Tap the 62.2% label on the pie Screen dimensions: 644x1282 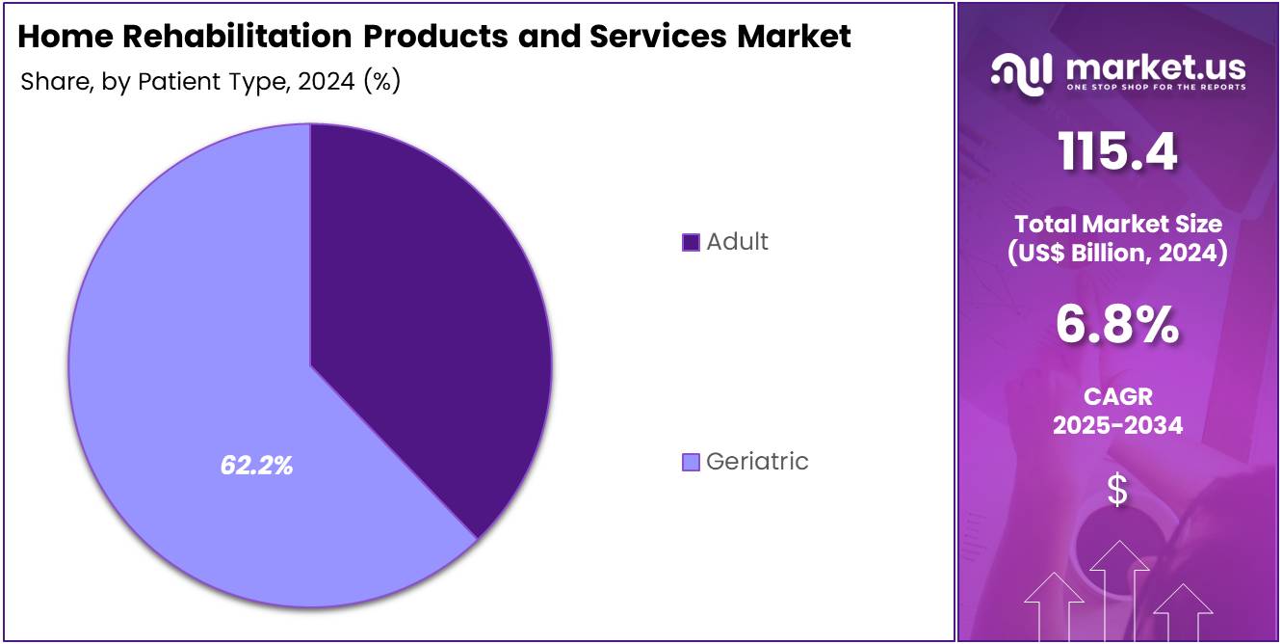(256, 466)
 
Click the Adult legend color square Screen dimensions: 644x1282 (691, 242)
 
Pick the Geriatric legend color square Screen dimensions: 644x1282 (691, 463)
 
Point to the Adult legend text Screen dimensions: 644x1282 (737, 242)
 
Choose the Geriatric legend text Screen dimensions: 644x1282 (757, 462)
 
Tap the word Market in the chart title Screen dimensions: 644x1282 (794, 37)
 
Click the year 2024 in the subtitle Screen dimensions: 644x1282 (327, 82)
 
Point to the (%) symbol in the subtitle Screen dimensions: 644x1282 (381, 82)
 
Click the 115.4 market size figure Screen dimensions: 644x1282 (1117, 152)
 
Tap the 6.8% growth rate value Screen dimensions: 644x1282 (1117, 325)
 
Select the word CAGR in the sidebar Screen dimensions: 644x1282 (1117, 397)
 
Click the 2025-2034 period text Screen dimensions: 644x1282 (1117, 425)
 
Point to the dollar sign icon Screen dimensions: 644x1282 (1117, 491)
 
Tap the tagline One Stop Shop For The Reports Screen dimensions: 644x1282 (1155, 88)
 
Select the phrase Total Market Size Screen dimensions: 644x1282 (1117, 225)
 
